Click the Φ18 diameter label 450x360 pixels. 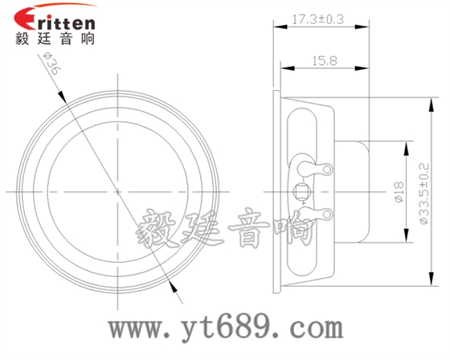pyautogui.click(x=399, y=191)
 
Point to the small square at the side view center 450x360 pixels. pyautogui.click(x=303, y=191)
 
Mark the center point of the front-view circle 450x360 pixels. pyautogui.click(x=118, y=191)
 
